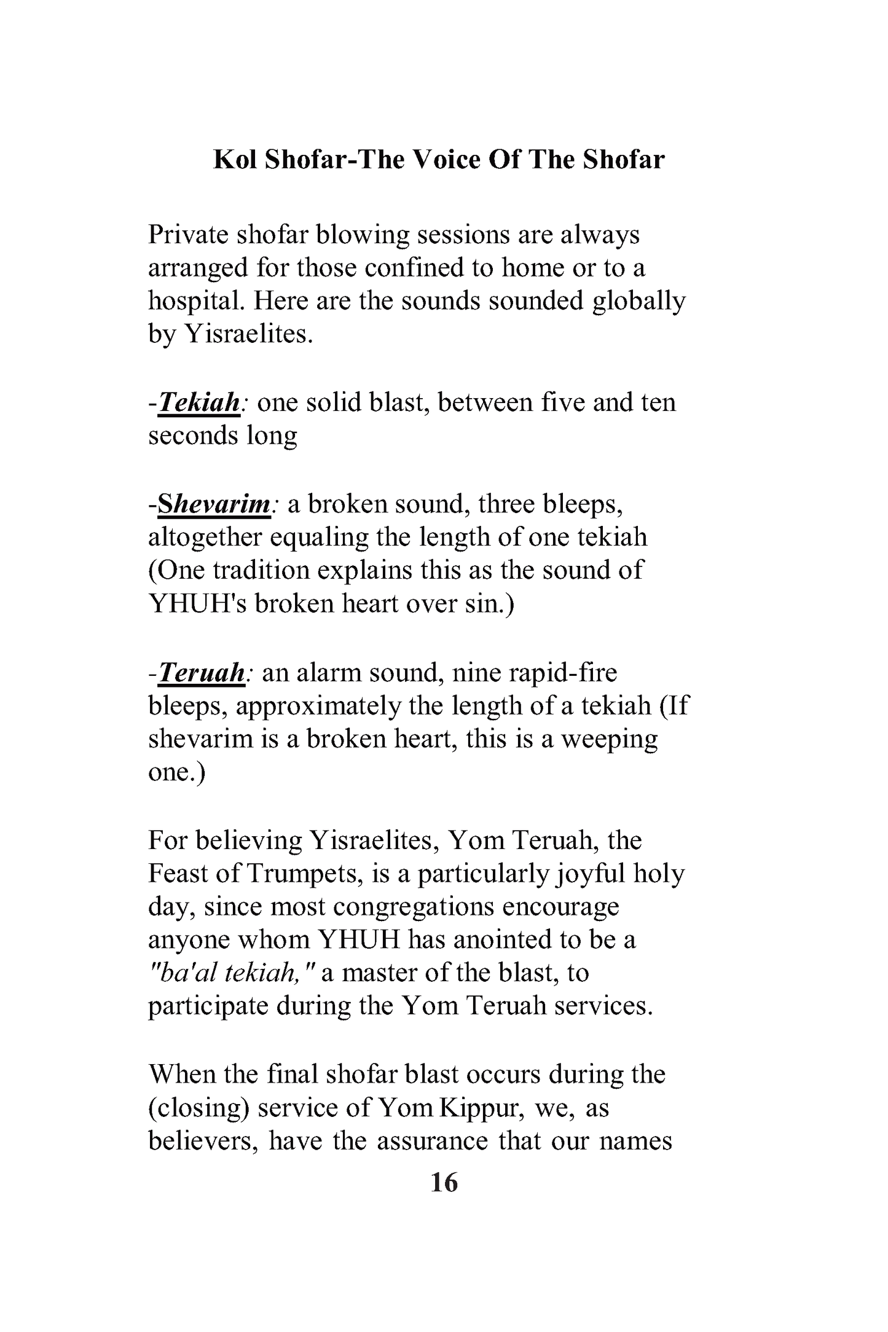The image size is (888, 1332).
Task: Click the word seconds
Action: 193,436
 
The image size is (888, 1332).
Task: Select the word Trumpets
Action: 302,874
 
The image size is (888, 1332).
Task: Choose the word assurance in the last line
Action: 433,1142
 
